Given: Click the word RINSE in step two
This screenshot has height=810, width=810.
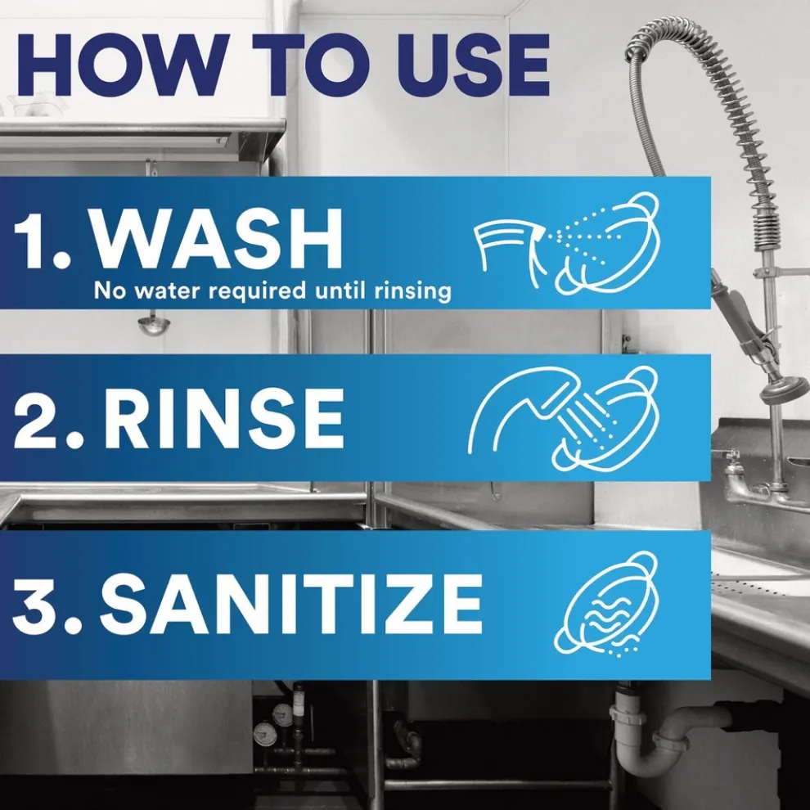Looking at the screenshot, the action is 223,418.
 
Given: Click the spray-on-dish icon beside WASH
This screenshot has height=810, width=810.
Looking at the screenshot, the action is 567,243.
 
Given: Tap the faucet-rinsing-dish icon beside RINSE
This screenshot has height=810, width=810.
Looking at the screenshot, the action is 563,418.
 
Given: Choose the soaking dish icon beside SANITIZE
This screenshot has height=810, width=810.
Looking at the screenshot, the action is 606,605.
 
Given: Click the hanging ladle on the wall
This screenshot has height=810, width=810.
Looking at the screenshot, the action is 154,324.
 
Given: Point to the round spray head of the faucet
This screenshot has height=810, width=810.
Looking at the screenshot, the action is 784,390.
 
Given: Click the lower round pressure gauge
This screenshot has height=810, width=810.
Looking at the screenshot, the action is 264,734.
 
